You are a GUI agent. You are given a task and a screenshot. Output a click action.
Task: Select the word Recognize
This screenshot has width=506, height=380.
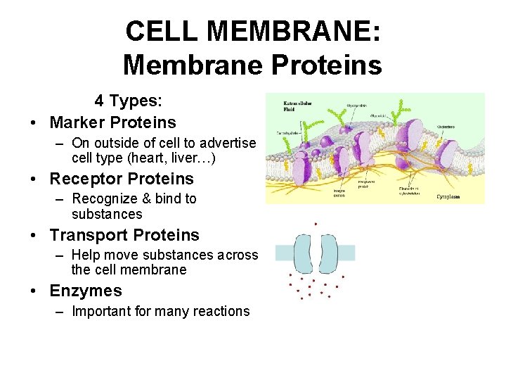click(106, 199)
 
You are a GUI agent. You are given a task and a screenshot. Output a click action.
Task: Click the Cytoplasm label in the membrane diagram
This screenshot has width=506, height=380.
click(448, 197)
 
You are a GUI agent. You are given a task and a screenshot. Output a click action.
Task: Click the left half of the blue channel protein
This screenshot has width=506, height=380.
click(304, 253)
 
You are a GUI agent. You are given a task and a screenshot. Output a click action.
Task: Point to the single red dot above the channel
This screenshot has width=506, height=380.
click(316, 224)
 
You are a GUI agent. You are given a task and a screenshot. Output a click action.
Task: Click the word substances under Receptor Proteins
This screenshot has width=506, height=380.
click(107, 214)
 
